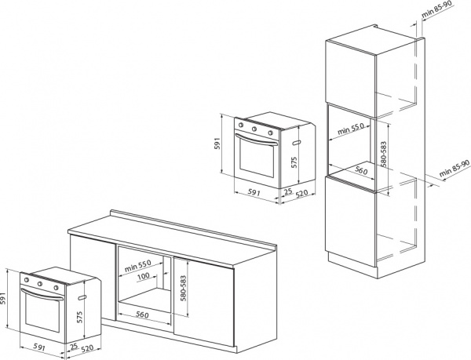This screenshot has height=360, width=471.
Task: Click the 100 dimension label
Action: click(144, 276)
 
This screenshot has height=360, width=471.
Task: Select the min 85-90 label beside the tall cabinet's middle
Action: click(455, 168)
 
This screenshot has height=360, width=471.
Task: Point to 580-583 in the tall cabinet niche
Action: click(383, 154)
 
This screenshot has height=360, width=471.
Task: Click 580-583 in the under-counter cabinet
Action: click(183, 288)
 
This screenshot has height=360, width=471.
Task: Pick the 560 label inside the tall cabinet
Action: click(361, 171)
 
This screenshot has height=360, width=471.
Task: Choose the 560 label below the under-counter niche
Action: click(142, 315)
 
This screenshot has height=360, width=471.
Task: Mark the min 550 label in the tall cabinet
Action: click(351, 129)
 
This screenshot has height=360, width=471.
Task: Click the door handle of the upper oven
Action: click(257, 140)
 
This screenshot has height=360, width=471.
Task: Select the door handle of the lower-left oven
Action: click(42, 294)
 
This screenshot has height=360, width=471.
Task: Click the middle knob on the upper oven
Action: click(254, 129)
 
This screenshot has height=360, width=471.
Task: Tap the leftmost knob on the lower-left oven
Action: click(27, 280)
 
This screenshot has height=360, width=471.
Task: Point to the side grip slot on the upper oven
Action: click(296, 143)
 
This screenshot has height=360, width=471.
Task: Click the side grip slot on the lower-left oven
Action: click(82, 297)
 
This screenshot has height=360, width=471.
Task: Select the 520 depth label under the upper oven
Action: click(302, 193)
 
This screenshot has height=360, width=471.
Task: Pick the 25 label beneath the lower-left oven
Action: click(74, 347)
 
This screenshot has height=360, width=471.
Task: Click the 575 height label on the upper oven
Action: click(294, 162)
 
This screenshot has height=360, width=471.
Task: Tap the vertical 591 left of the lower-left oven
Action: click(3, 298)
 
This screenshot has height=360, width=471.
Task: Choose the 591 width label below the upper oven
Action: click(254, 193)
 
